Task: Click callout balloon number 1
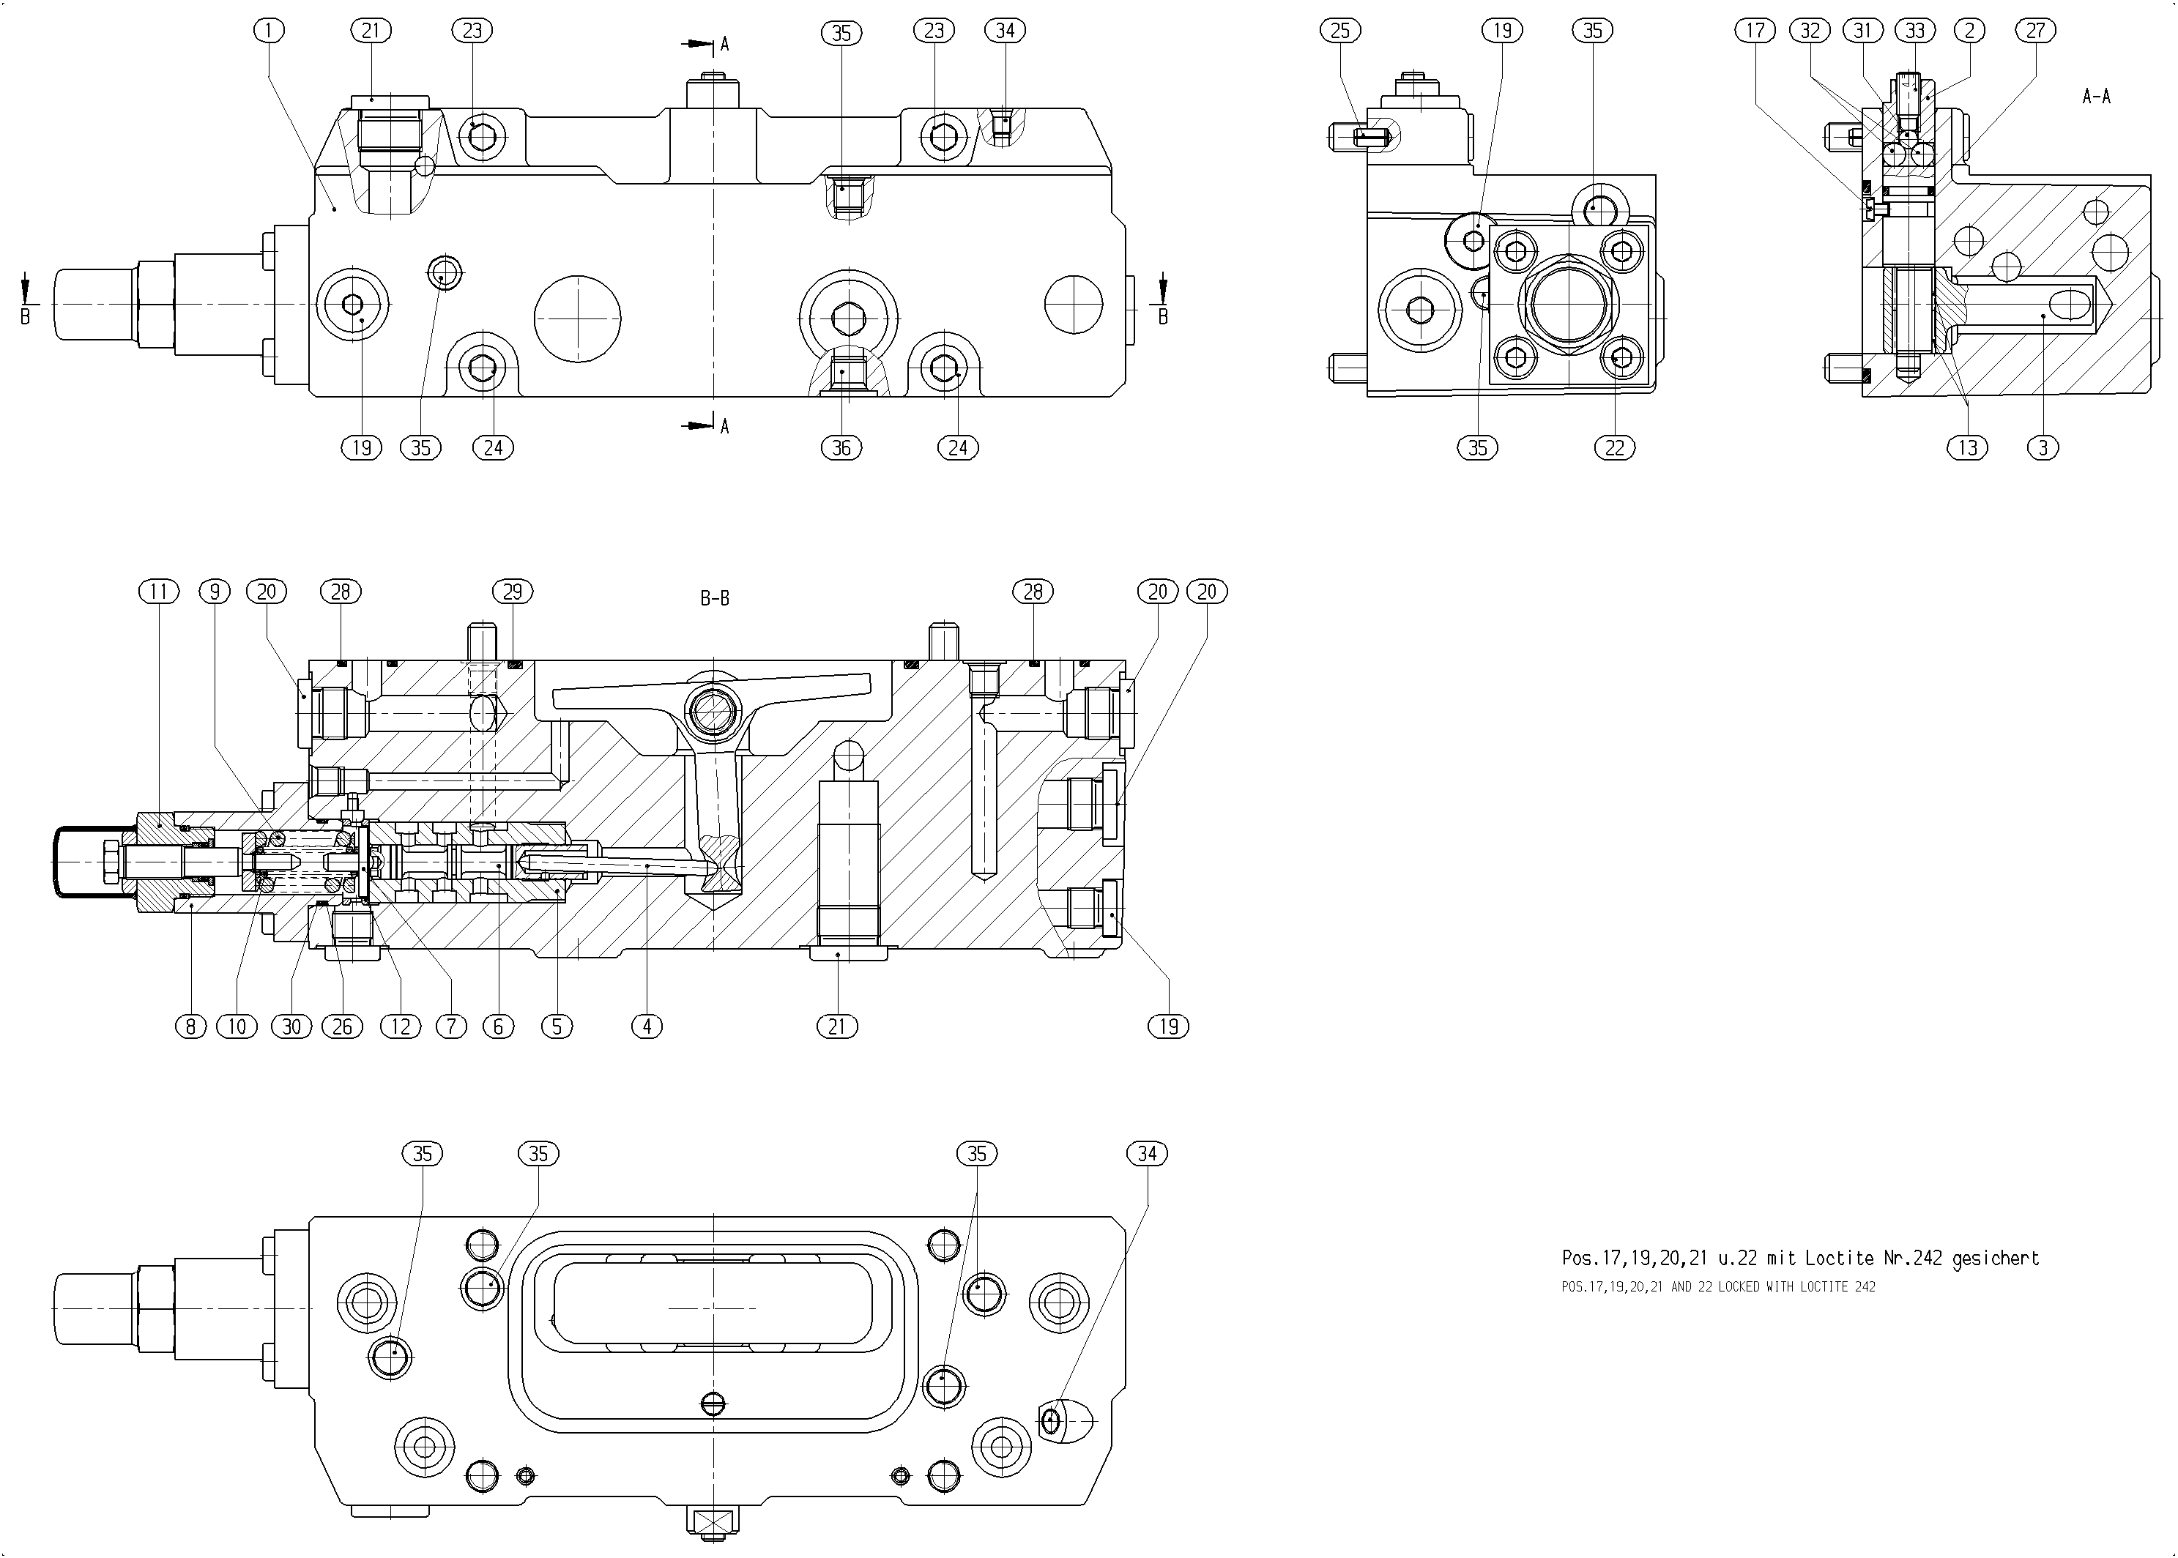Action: point(270,31)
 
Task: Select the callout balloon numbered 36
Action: point(841,447)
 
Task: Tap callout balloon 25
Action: point(1340,31)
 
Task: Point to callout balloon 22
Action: point(1615,447)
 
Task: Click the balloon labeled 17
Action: point(1755,31)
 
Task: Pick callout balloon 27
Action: point(2036,31)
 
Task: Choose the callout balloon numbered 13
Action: point(1968,447)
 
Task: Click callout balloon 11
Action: point(159,592)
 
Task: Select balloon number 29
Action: point(513,592)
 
